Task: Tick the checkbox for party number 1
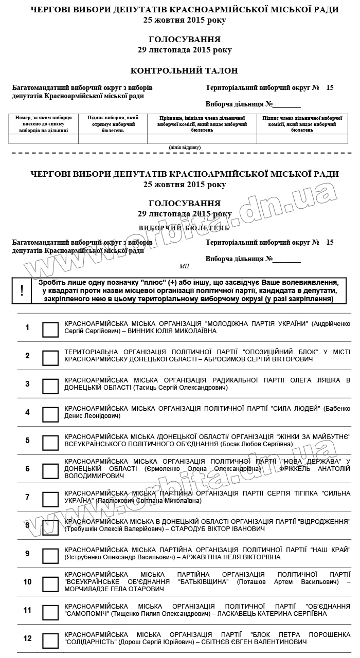(50, 330)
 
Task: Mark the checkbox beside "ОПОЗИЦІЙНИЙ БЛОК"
(50, 358)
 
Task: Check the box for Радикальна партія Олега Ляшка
(50, 386)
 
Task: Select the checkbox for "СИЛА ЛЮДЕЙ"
(50, 414)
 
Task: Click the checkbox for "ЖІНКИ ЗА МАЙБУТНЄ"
(50, 443)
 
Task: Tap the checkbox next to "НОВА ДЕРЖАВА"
(50, 471)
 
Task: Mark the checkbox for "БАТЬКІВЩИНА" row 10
(50, 584)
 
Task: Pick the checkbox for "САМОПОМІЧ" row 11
(50, 612)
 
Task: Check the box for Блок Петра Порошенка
(50, 641)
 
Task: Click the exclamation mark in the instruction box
(22, 290)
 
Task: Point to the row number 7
(28, 497)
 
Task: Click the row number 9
(28, 554)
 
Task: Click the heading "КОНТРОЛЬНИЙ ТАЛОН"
(184, 70)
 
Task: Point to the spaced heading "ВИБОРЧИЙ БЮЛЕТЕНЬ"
(184, 227)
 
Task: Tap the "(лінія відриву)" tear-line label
(185, 148)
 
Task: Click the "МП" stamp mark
(184, 266)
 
